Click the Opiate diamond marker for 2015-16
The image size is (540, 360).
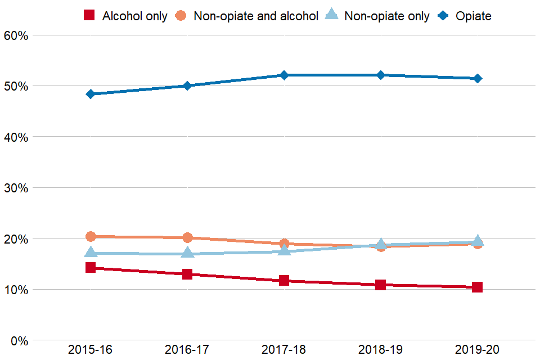click(91, 94)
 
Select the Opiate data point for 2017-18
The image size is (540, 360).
click(284, 75)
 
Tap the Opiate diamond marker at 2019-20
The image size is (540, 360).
click(478, 78)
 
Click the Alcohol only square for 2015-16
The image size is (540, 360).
click(91, 267)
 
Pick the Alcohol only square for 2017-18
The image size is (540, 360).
click(284, 280)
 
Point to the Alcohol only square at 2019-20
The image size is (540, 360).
click(478, 287)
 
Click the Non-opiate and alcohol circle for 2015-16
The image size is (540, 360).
click(91, 236)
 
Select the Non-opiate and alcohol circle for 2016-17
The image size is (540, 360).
click(187, 237)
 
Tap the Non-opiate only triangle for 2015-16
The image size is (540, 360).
click(91, 253)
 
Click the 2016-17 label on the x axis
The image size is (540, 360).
click(187, 350)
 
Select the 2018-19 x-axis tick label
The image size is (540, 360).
click(381, 350)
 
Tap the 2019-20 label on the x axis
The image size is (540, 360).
click(478, 350)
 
